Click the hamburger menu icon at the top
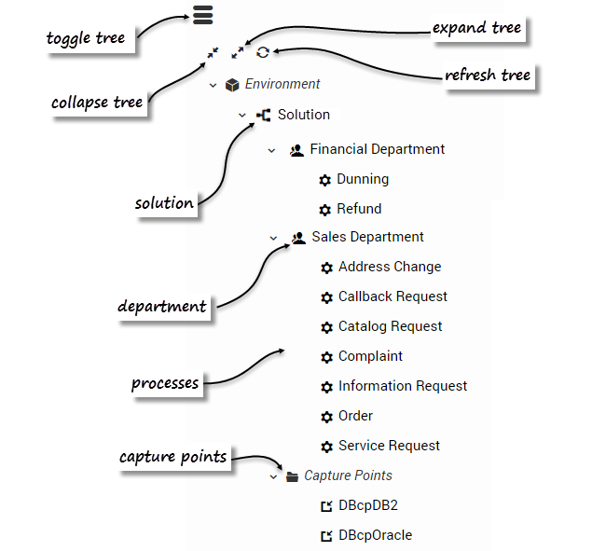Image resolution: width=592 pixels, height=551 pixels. [x=203, y=15]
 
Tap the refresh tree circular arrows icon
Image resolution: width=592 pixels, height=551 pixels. [x=263, y=53]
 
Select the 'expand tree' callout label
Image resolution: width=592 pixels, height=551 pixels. [x=476, y=28]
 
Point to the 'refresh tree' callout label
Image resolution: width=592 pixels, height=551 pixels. [x=488, y=76]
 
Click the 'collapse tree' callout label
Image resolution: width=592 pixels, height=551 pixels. [x=96, y=103]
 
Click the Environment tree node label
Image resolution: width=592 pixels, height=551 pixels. [x=282, y=84]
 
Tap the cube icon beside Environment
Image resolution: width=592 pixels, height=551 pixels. [x=232, y=85]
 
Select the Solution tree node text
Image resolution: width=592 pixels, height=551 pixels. [x=304, y=115]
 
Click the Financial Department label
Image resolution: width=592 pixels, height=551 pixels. [x=378, y=149]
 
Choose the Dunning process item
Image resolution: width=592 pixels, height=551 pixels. [x=363, y=179]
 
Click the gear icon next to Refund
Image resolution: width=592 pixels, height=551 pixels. [x=325, y=210]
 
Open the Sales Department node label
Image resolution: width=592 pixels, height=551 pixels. [x=368, y=237]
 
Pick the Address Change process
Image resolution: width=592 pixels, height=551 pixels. [x=390, y=267]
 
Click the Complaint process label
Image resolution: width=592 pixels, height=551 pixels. [x=371, y=356]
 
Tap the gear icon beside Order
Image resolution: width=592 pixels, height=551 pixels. [x=326, y=417]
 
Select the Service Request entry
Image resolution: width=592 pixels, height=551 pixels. [x=389, y=446]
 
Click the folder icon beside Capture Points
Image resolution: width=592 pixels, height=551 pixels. [x=293, y=476]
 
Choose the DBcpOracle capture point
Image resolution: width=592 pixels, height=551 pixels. [x=375, y=535]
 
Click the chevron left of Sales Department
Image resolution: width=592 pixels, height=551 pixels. [x=274, y=238]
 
